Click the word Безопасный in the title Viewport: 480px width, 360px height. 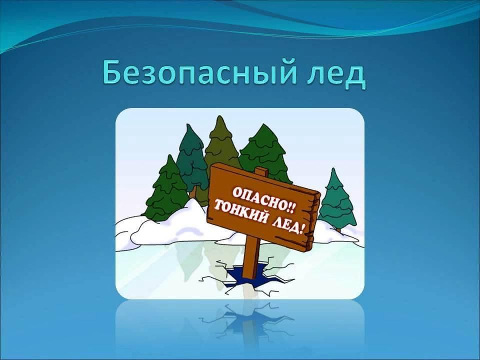(199, 73)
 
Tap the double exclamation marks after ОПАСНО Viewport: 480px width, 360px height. (290, 208)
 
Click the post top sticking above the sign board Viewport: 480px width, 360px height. (261, 171)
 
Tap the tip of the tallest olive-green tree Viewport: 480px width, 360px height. (219, 116)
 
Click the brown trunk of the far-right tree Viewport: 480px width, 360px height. (338, 229)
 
